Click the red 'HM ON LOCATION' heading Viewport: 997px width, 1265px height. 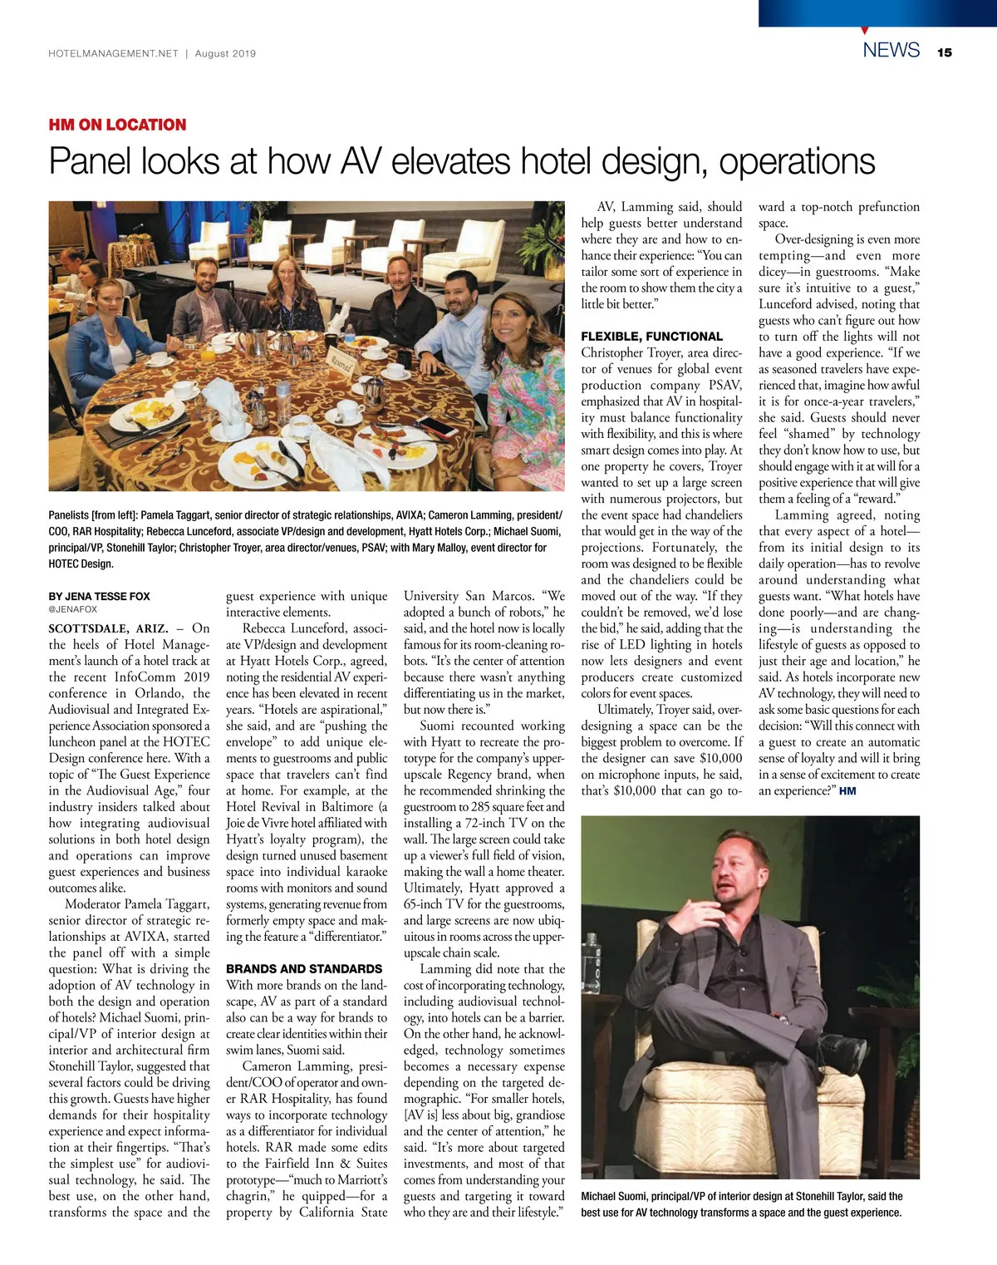coord(117,125)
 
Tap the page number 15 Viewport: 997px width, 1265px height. coord(944,52)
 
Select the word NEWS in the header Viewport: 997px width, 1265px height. coord(891,50)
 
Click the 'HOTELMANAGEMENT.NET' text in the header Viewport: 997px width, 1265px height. coord(113,53)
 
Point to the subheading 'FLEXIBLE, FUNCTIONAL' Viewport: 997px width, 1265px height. coord(651,337)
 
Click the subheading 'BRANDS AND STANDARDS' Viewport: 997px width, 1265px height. coord(304,969)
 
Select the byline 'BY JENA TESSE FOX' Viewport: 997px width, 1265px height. coord(99,596)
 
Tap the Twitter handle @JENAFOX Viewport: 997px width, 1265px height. coord(73,609)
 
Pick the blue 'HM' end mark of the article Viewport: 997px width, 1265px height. coord(847,791)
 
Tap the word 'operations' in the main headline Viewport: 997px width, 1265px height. coord(797,161)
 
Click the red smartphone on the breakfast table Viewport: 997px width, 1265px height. coord(438,426)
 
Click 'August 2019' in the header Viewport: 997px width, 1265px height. coord(225,53)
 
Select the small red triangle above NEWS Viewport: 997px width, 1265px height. coord(865,30)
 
